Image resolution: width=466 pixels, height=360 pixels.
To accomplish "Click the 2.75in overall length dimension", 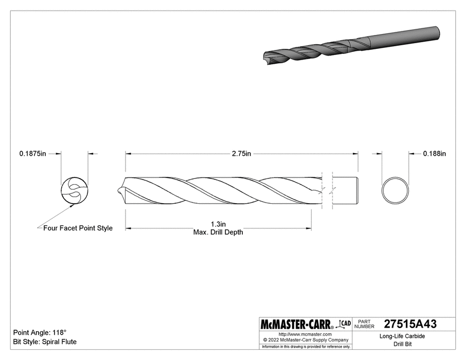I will point(241,153).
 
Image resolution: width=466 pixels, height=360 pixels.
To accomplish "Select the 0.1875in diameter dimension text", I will point(32,153).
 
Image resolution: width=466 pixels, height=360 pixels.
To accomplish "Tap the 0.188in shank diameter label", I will point(434,153).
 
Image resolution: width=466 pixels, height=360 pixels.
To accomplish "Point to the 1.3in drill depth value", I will point(218,224).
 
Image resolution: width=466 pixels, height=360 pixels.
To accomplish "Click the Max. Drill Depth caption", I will point(218,232).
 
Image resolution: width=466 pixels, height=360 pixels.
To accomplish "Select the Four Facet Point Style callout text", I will point(78,228).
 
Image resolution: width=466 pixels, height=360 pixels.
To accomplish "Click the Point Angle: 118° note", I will point(40,333).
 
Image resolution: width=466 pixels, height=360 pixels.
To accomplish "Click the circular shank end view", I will point(396,189).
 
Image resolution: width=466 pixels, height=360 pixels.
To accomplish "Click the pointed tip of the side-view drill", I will point(119,191).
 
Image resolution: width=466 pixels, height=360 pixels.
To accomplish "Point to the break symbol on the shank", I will point(327,191).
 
